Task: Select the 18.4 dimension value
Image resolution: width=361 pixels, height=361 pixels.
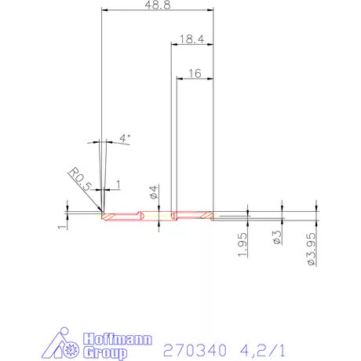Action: [x=192, y=38]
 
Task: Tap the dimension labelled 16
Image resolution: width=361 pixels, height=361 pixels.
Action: [x=195, y=73]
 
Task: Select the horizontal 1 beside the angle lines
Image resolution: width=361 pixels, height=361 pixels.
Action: [x=118, y=184]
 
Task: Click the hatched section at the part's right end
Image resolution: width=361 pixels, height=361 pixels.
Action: [x=206, y=215]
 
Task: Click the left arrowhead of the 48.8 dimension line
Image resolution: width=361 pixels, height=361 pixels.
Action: [x=105, y=10]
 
